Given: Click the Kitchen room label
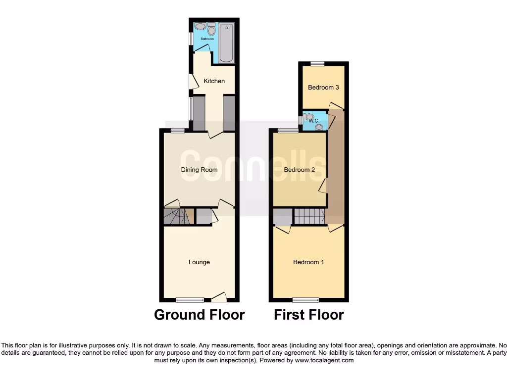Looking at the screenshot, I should click(214, 81).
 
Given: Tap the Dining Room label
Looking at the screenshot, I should click(199, 170).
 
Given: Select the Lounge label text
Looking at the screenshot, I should click(199, 262).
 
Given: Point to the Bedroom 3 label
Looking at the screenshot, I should click(323, 88).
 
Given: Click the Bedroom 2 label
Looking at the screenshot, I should click(299, 170).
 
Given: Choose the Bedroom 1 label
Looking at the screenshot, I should click(308, 262).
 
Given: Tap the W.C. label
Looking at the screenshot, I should click(313, 121).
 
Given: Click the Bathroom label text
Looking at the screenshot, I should click(207, 39).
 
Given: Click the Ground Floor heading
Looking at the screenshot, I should click(199, 315).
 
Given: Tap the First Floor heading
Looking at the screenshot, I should click(309, 315).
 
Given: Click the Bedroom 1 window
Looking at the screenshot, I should click(305, 299).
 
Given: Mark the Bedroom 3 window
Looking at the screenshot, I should click(317, 63).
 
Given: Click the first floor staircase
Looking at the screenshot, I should click(309, 216).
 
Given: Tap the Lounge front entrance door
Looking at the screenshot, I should click(219, 297).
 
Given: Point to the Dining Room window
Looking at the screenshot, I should click(178, 131).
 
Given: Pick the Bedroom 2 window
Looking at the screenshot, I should click(284, 131).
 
